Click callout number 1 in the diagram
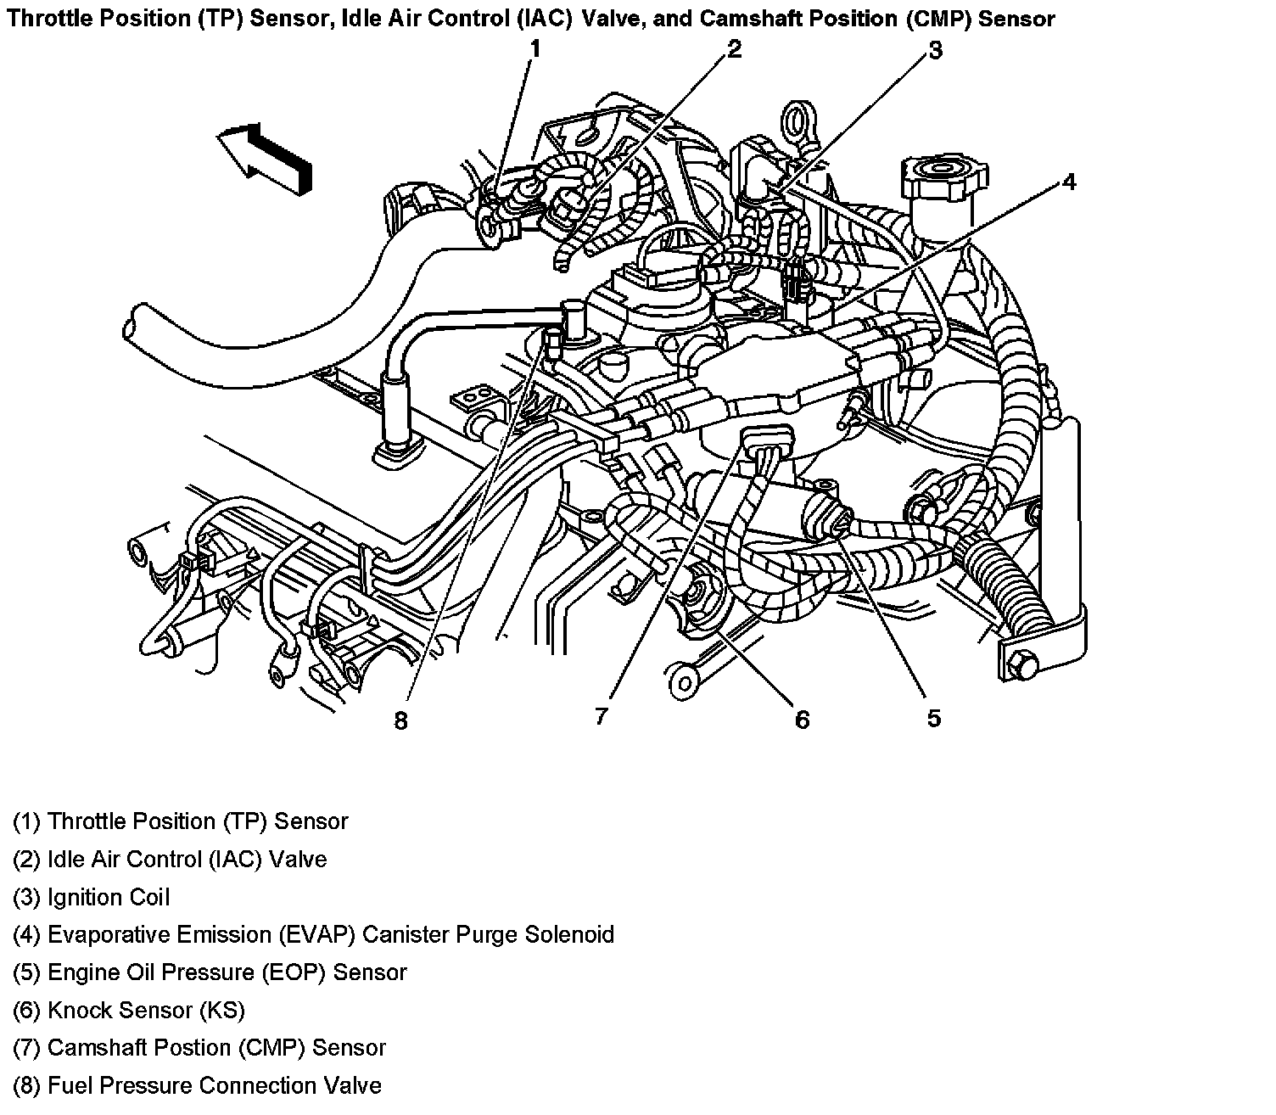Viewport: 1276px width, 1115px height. (x=534, y=49)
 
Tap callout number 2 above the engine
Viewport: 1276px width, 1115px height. (x=734, y=49)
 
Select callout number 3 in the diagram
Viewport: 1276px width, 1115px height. (x=934, y=51)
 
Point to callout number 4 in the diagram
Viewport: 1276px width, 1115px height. (x=1069, y=182)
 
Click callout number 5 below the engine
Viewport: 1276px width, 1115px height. (x=933, y=719)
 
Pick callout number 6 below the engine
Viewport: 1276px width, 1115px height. (x=802, y=720)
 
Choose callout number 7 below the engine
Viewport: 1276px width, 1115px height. (x=601, y=717)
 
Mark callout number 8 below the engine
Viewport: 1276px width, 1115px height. (x=400, y=721)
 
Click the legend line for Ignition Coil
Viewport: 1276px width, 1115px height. (x=92, y=897)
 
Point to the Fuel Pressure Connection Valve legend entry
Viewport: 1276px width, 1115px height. (x=197, y=1085)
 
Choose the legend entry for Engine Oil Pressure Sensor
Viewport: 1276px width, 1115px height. (x=210, y=972)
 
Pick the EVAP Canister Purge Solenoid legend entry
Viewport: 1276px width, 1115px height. (x=313, y=934)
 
